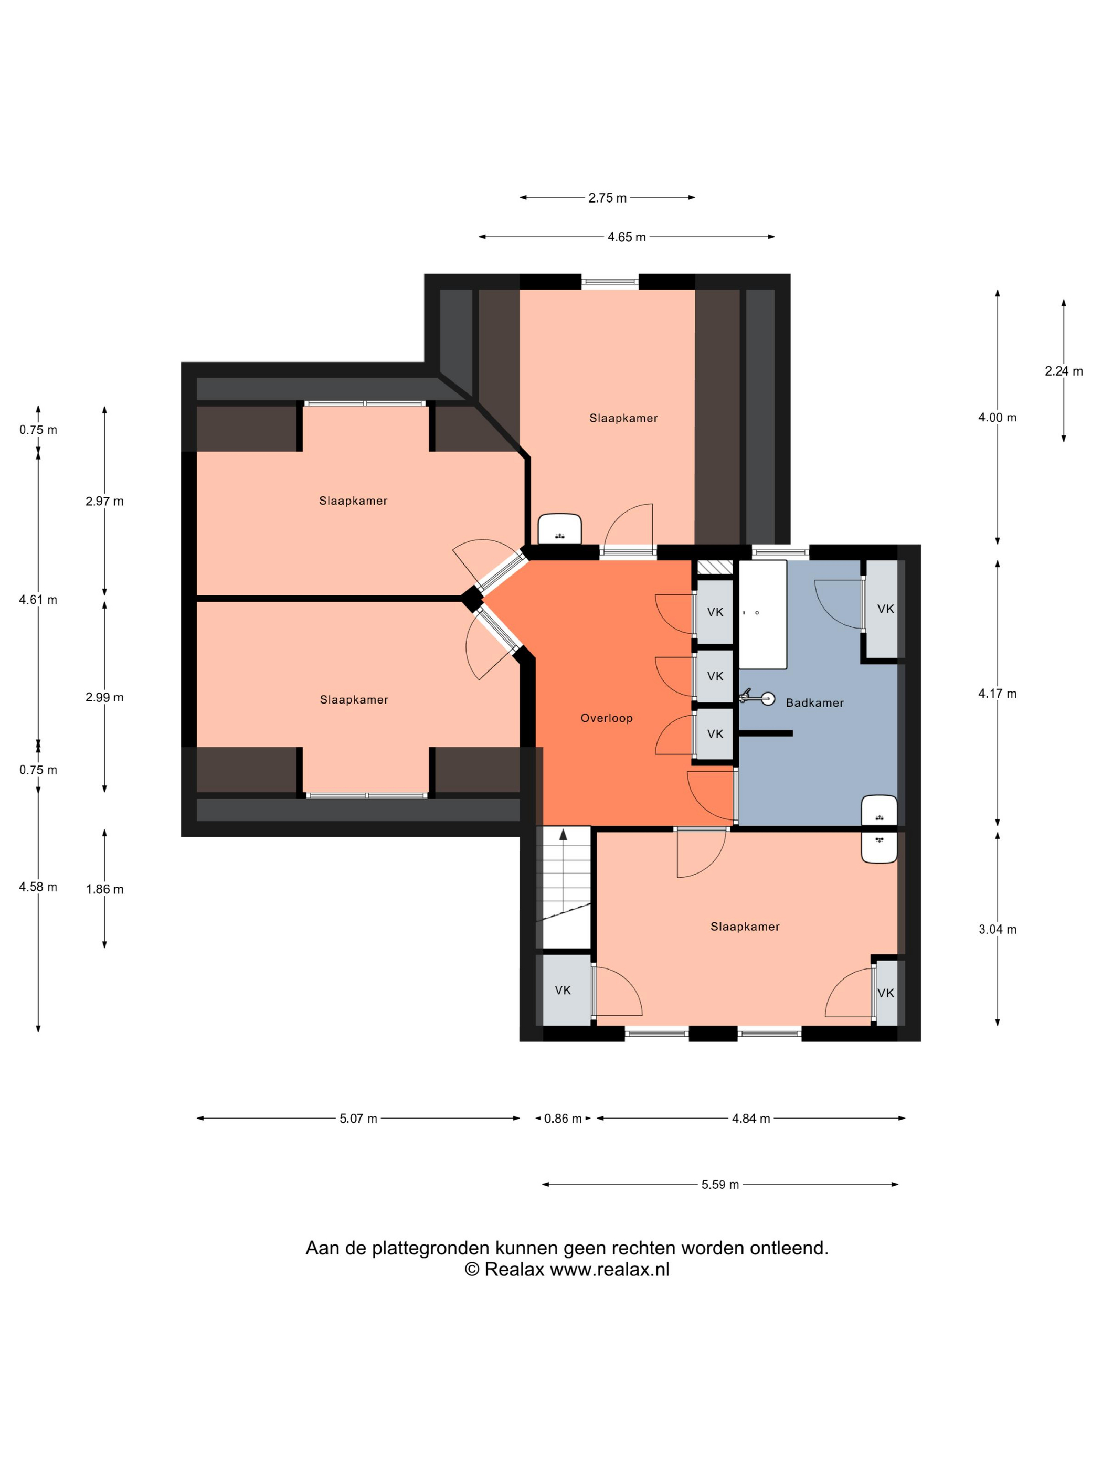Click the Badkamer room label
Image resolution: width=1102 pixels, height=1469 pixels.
[814, 702]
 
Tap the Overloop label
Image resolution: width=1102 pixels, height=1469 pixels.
[607, 718]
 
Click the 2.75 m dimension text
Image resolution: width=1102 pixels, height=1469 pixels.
[607, 198]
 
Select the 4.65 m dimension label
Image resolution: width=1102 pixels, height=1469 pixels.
[627, 237]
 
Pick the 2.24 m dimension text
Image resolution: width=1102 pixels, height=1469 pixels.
[1064, 371]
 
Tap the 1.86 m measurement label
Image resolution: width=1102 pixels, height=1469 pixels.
[104, 889]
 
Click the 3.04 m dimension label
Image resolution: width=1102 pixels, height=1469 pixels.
[997, 930]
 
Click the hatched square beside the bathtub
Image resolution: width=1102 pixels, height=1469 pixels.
[714, 567]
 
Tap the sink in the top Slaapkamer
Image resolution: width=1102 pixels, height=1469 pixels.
[559, 529]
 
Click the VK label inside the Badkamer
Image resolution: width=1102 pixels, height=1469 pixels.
[885, 609]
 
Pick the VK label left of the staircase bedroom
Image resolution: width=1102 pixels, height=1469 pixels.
[563, 990]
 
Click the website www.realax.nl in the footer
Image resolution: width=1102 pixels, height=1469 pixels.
[609, 1269]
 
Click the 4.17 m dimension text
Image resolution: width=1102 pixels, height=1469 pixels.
[997, 694]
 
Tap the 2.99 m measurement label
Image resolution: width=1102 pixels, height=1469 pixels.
[104, 697]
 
